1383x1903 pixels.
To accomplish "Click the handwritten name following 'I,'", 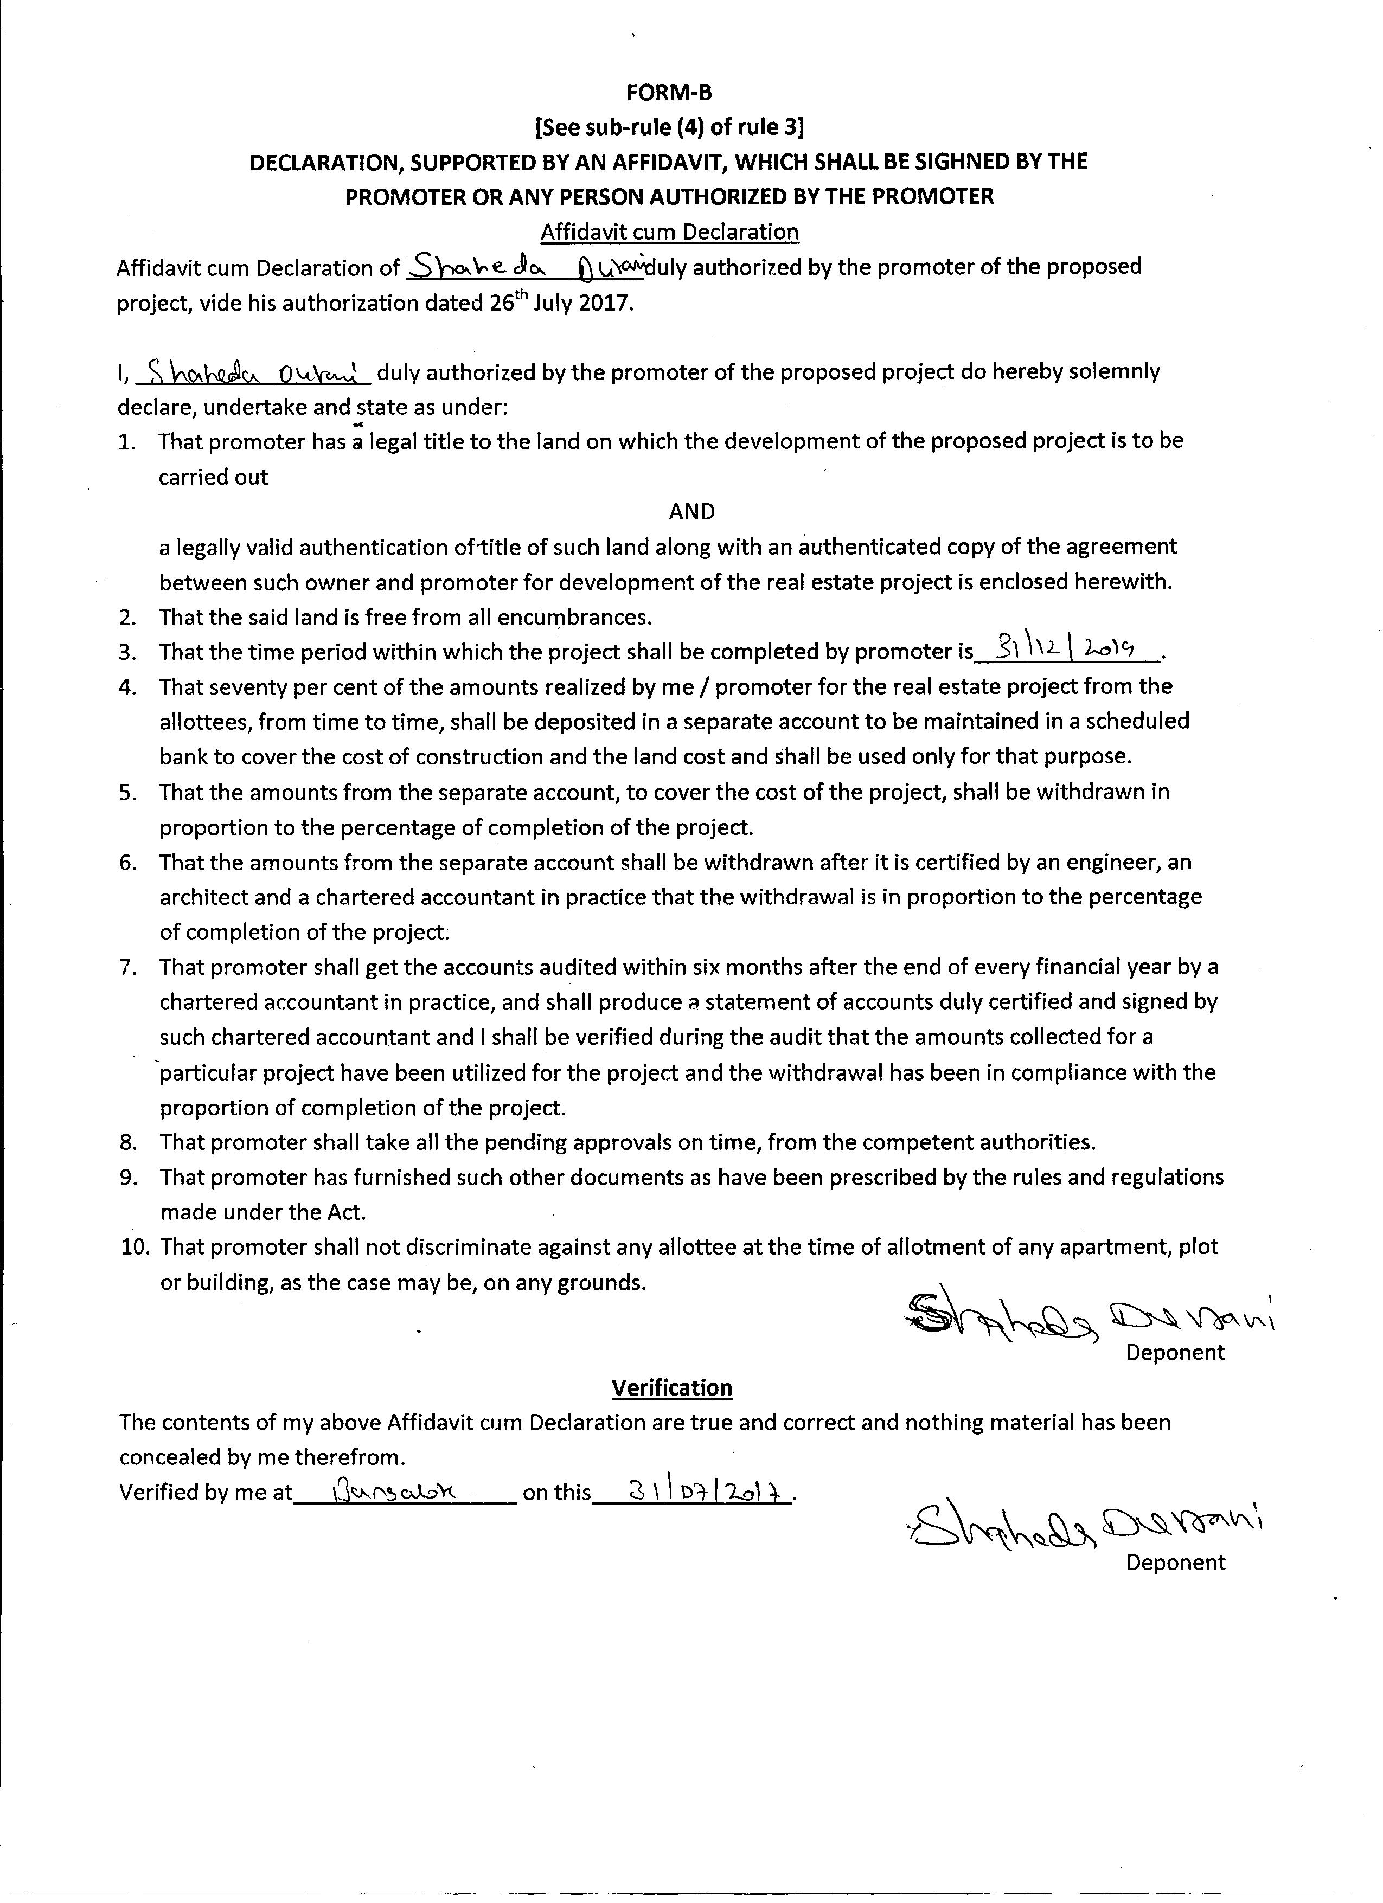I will pos(250,372).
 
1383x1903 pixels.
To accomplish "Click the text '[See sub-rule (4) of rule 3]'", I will pos(669,127).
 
